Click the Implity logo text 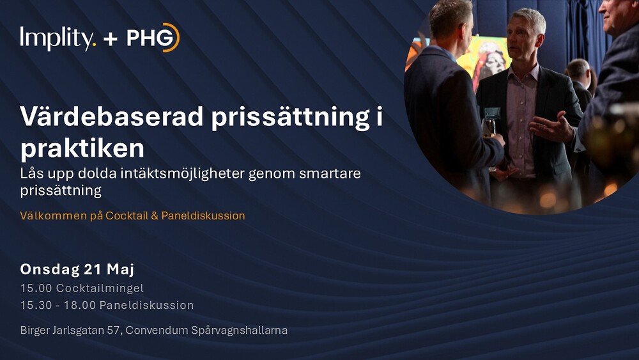click(x=58, y=38)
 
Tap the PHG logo click(x=153, y=38)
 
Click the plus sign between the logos click(x=111, y=39)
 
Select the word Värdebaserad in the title click(x=111, y=116)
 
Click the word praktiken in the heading click(x=82, y=148)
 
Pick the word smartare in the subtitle click(x=330, y=174)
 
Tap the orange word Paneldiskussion click(x=203, y=215)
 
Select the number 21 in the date click(x=93, y=269)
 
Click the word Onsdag click(x=50, y=269)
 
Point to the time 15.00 click(x=36, y=288)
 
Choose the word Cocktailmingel click(x=100, y=288)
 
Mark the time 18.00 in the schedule click(x=79, y=305)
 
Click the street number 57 click(x=113, y=330)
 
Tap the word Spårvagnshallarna click(x=239, y=330)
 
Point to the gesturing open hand click(x=552, y=127)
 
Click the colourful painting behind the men click(x=485, y=57)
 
